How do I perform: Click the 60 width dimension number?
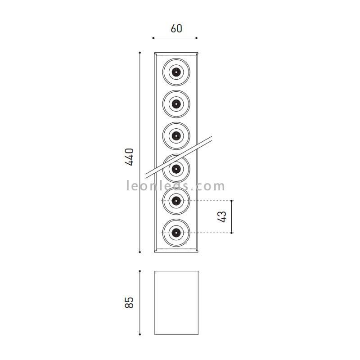(x=176, y=28)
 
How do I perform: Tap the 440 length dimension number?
(x=130, y=157)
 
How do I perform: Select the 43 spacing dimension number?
(x=222, y=217)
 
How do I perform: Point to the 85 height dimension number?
(x=129, y=302)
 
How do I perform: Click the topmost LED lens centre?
(x=176, y=72)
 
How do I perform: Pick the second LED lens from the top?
(x=176, y=104)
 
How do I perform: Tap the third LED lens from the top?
(x=176, y=136)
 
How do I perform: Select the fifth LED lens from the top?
(x=176, y=201)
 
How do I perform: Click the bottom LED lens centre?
(x=176, y=233)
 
